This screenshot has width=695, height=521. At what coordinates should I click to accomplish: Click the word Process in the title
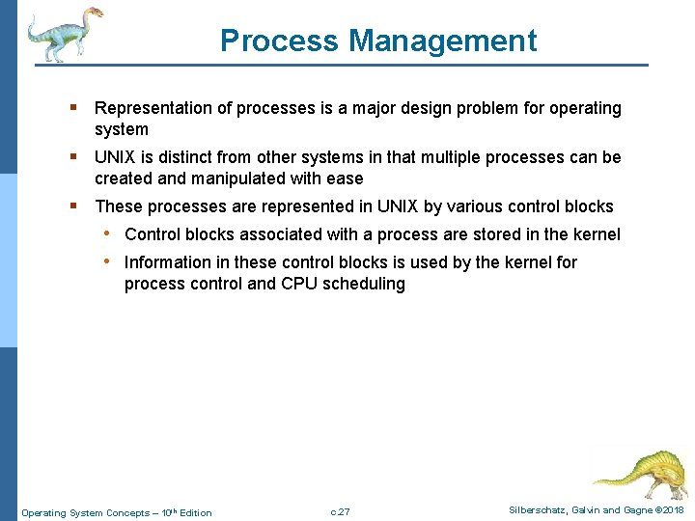[x=280, y=41]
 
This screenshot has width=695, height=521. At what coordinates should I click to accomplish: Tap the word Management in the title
[x=443, y=41]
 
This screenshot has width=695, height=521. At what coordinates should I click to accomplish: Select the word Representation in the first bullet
[x=155, y=108]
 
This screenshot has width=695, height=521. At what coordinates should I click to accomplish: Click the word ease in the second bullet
[x=345, y=178]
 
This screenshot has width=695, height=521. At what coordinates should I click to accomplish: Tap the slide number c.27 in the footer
[x=340, y=512]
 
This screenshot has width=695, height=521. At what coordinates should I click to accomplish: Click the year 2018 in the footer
[x=672, y=510]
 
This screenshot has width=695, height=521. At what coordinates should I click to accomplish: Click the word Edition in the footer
[x=196, y=512]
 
